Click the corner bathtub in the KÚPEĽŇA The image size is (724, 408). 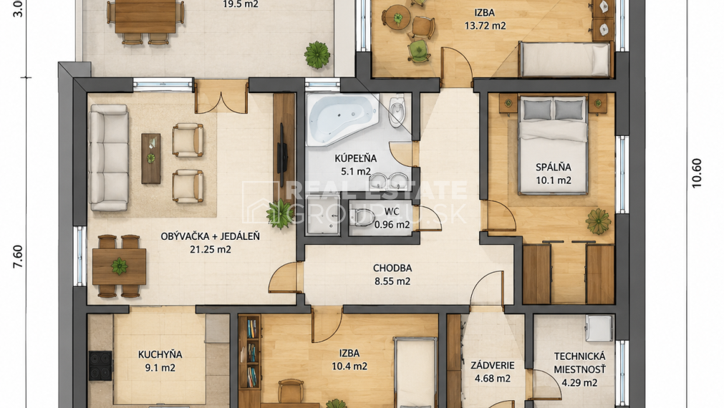[342, 118]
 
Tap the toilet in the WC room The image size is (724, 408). [362, 218]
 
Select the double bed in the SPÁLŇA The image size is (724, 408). [553, 145]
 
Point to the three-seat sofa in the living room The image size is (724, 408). [109, 157]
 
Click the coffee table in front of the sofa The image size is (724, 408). [151, 158]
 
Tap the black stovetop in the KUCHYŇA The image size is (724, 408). [100, 366]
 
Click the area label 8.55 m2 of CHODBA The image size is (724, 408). [392, 281]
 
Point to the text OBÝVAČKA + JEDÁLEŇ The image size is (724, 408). [210, 236]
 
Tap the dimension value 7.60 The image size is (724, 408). [18, 256]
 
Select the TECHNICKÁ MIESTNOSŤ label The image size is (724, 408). [579, 363]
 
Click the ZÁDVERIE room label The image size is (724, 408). [492, 366]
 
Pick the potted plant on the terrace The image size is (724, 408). [317, 55]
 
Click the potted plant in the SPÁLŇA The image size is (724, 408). [599, 221]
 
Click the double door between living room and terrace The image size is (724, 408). [221, 98]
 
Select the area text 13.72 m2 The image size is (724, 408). [485, 26]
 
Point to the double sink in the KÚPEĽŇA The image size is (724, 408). [389, 180]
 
